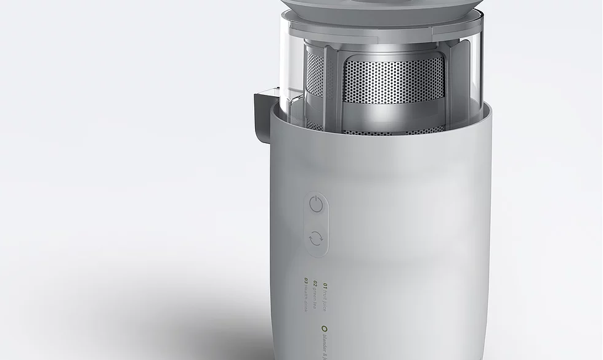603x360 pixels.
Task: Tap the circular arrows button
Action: (316, 237)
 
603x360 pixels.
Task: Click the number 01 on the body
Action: (325, 286)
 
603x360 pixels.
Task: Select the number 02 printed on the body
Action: (315, 284)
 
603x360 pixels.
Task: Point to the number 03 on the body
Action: (306, 281)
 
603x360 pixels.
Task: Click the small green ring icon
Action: (324, 329)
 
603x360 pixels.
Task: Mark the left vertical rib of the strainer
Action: (332, 80)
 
